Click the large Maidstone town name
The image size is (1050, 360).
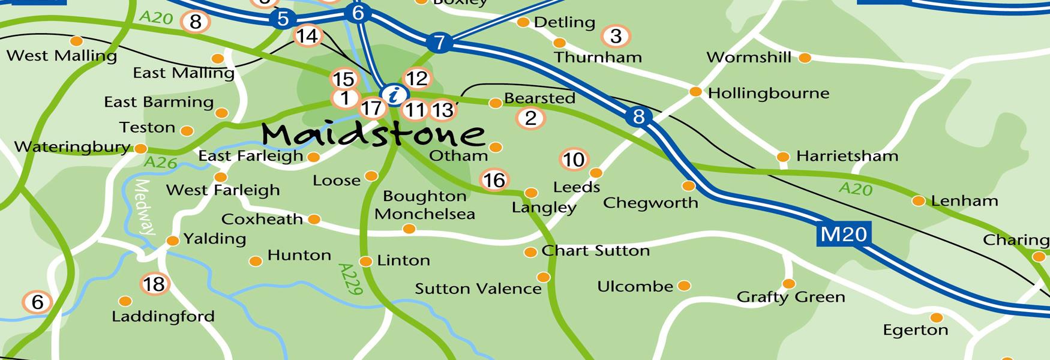click(373, 133)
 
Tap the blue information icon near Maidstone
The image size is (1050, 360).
click(394, 94)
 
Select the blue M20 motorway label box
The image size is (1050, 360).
click(844, 234)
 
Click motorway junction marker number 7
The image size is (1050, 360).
click(440, 43)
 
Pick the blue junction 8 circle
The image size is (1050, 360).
click(638, 116)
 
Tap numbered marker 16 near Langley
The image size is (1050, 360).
click(494, 179)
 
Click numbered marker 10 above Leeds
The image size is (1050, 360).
click(574, 160)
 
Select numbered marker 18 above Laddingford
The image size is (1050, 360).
click(154, 284)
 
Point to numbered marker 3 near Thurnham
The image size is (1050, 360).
click(616, 36)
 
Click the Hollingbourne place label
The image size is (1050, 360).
click(769, 94)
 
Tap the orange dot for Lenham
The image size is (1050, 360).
click(918, 201)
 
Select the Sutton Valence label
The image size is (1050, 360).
click(478, 289)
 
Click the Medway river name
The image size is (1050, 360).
click(144, 208)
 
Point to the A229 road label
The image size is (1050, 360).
click(350, 279)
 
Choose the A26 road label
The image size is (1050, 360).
click(161, 163)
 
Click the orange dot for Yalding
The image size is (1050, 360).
click(173, 241)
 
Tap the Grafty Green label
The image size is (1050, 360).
click(790, 297)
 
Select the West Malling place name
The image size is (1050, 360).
click(61, 56)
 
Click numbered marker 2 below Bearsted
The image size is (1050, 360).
click(530, 118)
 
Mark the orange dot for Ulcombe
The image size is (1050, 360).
click(683, 286)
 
